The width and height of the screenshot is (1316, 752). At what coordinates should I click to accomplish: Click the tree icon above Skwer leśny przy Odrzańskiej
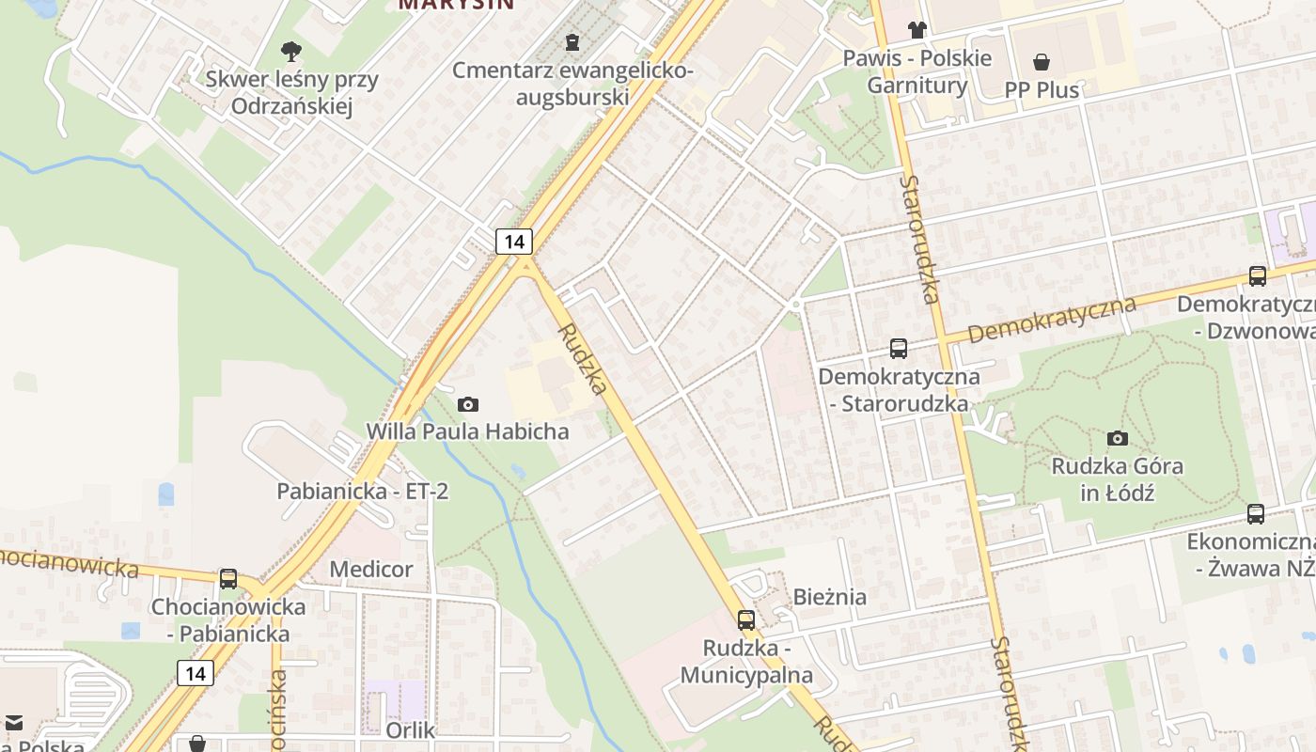coord(291,50)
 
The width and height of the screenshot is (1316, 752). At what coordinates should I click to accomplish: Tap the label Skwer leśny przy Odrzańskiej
coord(291,92)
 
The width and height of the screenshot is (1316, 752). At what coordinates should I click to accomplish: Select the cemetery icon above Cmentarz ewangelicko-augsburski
coord(572,42)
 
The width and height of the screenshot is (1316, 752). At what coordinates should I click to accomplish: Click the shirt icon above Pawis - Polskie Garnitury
coord(917,30)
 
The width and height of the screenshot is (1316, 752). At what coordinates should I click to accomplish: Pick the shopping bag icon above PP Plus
coord(1042,63)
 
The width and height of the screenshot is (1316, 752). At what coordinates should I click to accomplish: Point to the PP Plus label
coord(1042,90)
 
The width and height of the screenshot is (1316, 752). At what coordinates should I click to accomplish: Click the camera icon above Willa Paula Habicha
coord(467,404)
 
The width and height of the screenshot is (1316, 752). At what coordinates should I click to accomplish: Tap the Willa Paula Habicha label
coord(467,431)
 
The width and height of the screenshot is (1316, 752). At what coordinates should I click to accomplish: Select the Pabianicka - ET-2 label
coord(362,492)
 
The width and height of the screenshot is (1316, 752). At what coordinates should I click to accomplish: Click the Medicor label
coord(370,570)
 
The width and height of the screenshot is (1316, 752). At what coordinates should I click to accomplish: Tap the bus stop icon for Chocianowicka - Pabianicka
coord(228,579)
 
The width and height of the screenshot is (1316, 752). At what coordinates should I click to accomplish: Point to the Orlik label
coord(410,730)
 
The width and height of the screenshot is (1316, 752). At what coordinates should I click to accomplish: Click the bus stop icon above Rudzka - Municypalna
coord(746,620)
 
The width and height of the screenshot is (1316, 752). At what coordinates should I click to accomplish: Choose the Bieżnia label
coord(830,597)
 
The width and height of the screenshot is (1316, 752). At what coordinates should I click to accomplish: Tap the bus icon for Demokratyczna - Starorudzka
coord(899,349)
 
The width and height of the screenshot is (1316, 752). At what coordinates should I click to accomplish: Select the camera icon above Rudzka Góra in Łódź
coord(1118,438)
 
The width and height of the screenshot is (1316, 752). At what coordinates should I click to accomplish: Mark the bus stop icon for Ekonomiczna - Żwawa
coord(1256,514)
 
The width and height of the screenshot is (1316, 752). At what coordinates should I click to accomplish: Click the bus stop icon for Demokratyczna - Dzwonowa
coord(1258,276)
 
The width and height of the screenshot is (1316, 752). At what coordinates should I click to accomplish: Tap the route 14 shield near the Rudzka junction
coord(514,242)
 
